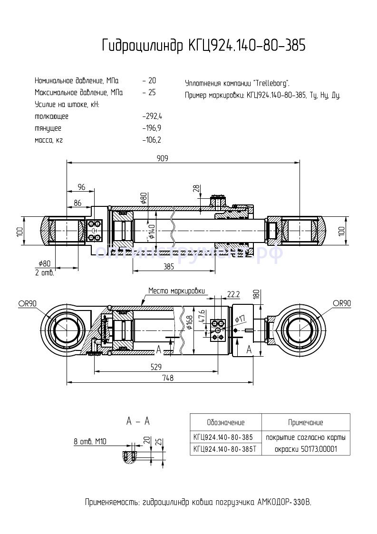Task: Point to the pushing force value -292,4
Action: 152,117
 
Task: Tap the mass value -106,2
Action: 152,140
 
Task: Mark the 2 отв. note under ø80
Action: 45,273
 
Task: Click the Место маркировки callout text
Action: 176,291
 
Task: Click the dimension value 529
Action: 156,367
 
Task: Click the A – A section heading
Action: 138,421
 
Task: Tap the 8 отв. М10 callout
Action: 90,441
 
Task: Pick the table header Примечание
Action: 305,422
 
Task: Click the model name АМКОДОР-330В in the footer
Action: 284,503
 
